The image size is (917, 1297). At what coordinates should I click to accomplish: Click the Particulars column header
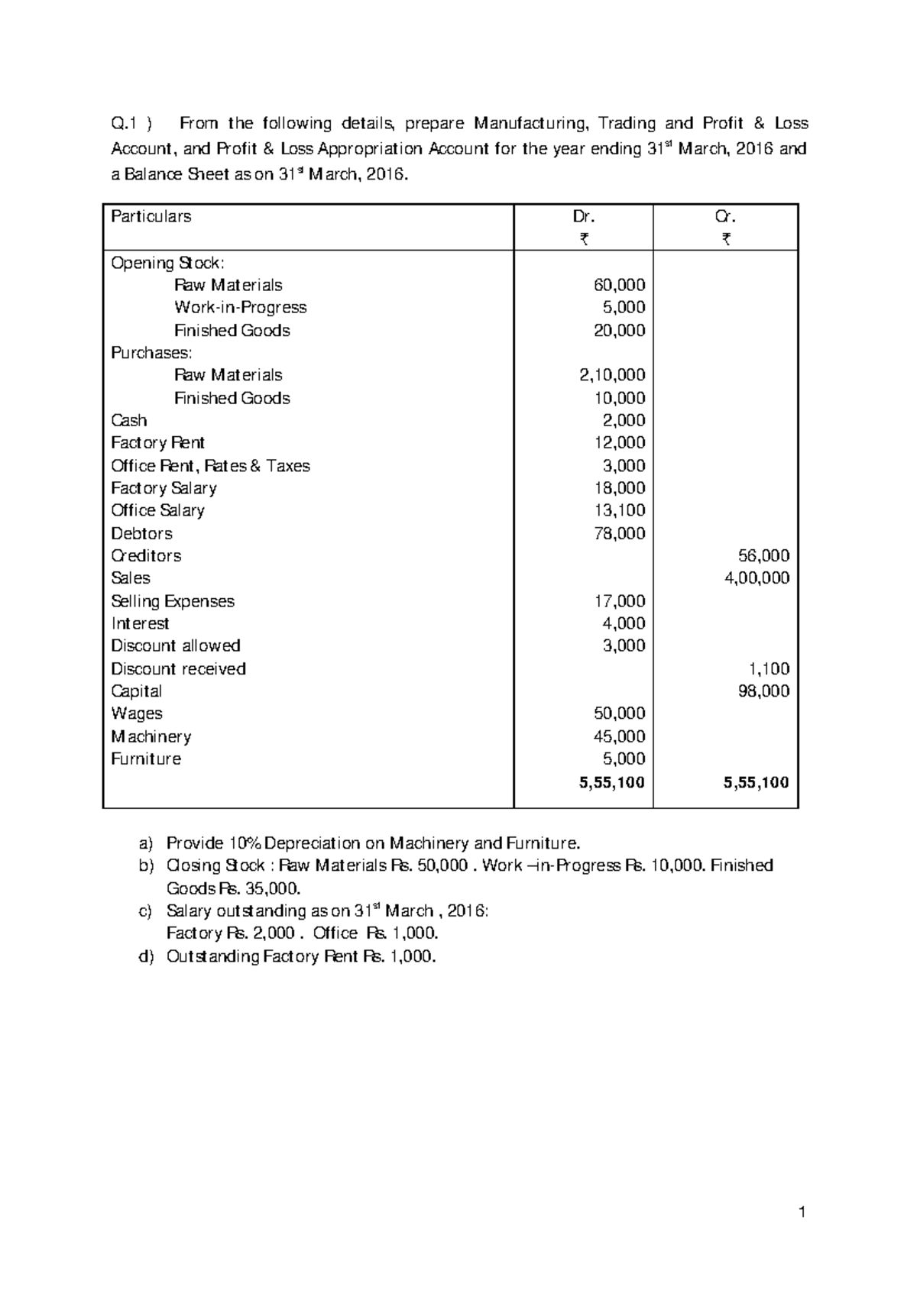coord(151,217)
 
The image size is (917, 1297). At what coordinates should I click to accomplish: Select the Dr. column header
coord(584,217)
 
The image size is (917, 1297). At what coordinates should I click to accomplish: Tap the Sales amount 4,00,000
coord(757,578)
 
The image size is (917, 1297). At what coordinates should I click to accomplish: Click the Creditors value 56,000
coord(763,556)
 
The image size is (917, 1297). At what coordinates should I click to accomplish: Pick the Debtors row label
coord(141,533)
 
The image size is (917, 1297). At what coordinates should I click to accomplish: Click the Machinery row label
coord(151,736)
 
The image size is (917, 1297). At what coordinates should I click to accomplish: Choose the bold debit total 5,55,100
coord(611,782)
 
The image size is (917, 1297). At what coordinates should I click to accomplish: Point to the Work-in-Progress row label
coord(240,308)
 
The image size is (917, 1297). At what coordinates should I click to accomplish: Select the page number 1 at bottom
coord(802,1211)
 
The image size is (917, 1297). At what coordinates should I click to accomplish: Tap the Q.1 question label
coord(126,124)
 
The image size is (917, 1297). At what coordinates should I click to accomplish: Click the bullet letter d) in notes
coord(145,956)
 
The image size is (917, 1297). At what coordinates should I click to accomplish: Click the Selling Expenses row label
coord(173,601)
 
